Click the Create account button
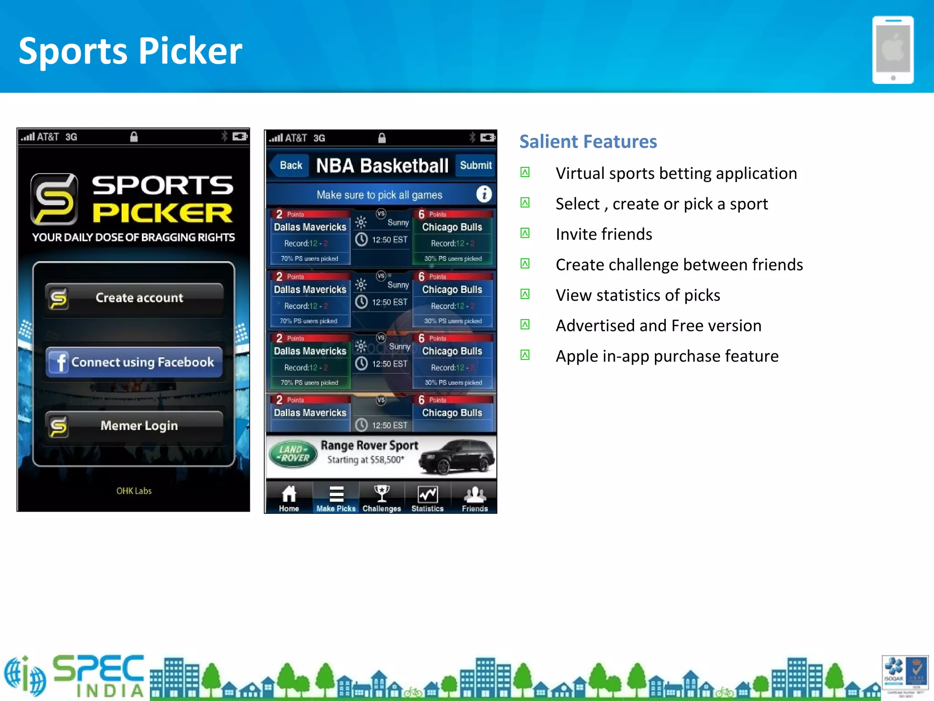pos(134,298)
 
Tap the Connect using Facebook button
pos(134,362)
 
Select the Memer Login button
pos(134,426)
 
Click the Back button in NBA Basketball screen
pos(290,165)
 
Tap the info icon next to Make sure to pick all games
pos(483,194)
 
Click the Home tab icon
pos(289,498)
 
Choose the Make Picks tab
pos(336,498)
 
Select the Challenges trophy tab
pos(382,498)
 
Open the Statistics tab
pos(428,498)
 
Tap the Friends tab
pos(475,498)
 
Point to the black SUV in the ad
pos(456,457)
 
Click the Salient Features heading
pos(588,141)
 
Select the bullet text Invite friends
pos(604,234)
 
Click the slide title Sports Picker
pos(130,51)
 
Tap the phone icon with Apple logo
pos(892,50)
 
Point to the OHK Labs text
pos(134,491)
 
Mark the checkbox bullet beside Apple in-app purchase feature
pos(525,355)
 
